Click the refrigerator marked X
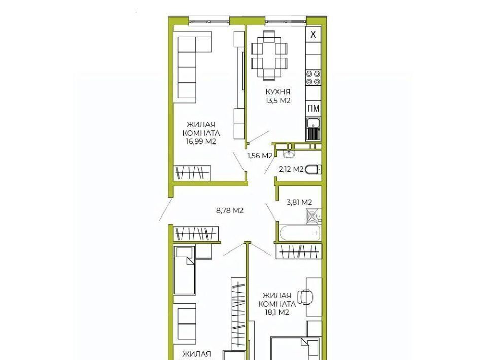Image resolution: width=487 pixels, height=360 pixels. point(313,35)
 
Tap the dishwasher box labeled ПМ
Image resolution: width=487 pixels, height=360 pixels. point(314,109)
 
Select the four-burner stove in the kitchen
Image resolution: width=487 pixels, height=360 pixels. point(313,78)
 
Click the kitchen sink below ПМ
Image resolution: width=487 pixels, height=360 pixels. point(313,129)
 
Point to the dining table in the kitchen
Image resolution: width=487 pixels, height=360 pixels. point(269,56)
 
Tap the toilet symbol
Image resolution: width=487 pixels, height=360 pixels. point(313,170)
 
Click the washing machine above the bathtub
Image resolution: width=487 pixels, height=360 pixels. point(313,216)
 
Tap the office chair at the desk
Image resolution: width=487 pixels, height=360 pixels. point(305,297)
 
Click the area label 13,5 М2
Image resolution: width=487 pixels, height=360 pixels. point(277,100)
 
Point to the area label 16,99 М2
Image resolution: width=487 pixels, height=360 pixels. point(201,142)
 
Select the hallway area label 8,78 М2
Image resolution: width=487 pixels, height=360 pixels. point(229,211)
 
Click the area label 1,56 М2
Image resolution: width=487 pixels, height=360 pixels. point(260,156)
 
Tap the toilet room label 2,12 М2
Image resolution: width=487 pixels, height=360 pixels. point(291,169)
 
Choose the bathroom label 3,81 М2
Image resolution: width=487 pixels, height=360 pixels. point(299,202)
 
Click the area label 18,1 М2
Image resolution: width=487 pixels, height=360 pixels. point(277,312)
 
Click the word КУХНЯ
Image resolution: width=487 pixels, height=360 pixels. point(277,92)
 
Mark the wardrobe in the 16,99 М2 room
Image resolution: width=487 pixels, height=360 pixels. point(192,173)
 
